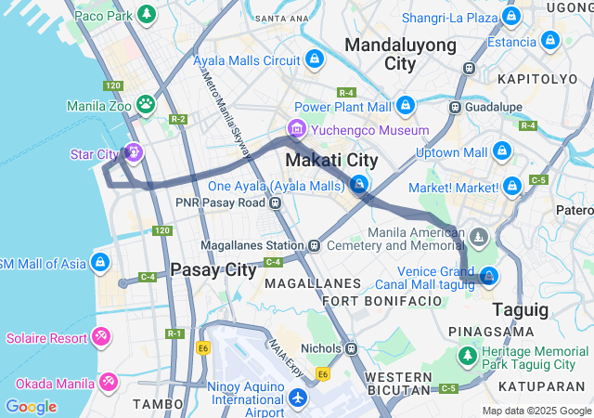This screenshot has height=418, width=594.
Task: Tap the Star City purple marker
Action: click(135, 151)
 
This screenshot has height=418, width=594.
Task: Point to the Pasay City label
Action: click(213, 270)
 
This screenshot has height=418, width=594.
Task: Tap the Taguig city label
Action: click(520, 308)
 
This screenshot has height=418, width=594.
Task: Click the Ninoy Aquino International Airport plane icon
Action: click(298, 398)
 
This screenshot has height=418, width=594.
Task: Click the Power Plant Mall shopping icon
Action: click(405, 105)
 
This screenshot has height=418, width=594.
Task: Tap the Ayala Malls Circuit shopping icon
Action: click(315, 59)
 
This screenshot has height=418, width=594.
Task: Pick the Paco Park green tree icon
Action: click(146, 15)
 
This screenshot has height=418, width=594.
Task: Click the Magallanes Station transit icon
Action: click(315, 245)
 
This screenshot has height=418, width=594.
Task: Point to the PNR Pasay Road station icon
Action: click(276, 202)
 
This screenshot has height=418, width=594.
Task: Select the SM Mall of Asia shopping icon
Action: click(100, 263)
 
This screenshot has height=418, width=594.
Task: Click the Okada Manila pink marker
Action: click(108, 382)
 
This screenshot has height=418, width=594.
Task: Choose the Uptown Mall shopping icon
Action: click(502, 150)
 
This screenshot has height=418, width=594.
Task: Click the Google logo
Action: click(31, 407)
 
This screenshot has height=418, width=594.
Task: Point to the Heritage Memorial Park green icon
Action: click(467, 355)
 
